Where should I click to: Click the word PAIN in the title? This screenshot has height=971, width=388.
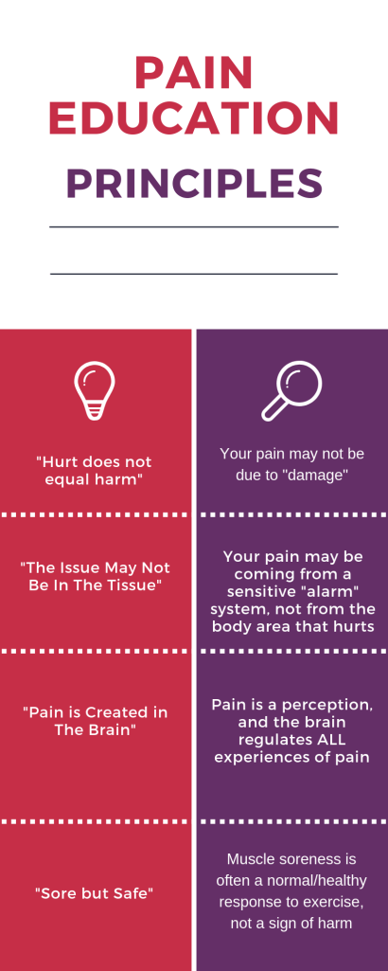194,73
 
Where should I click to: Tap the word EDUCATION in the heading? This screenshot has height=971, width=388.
194,117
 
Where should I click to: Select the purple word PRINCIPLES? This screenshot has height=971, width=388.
194,184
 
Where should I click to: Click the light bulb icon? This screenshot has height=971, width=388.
95,390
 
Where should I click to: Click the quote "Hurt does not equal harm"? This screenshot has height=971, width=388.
95,471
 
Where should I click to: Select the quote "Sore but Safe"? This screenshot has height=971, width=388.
95,892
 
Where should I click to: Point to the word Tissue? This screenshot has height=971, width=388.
128,584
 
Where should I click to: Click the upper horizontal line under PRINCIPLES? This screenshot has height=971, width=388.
194,227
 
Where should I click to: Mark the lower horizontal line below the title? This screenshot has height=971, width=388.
194,274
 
